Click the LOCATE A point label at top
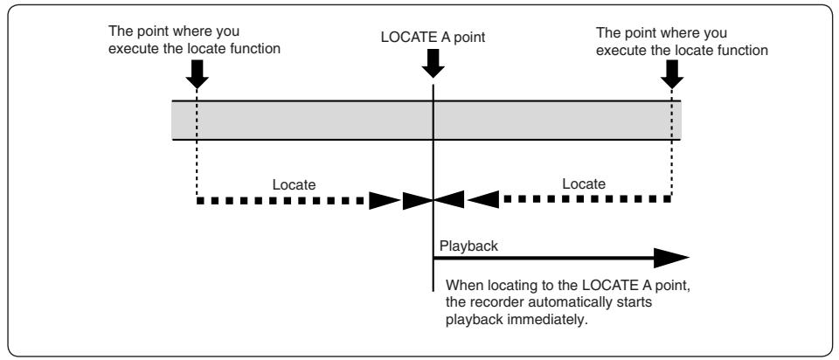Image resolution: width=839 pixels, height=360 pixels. (433, 38)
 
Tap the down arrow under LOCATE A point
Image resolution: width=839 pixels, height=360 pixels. (433, 63)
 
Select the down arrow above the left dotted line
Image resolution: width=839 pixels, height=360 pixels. (197, 73)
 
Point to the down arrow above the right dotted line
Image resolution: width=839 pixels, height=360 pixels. (672, 73)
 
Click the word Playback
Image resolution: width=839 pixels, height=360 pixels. (468, 246)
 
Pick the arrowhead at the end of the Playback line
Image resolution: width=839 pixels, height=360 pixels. (671, 258)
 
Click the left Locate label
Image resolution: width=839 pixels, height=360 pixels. (294, 185)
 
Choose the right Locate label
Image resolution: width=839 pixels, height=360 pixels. (584, 184)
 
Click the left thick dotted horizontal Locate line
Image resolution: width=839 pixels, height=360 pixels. (281, 201)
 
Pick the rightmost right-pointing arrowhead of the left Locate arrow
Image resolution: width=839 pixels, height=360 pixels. (418, 201)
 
